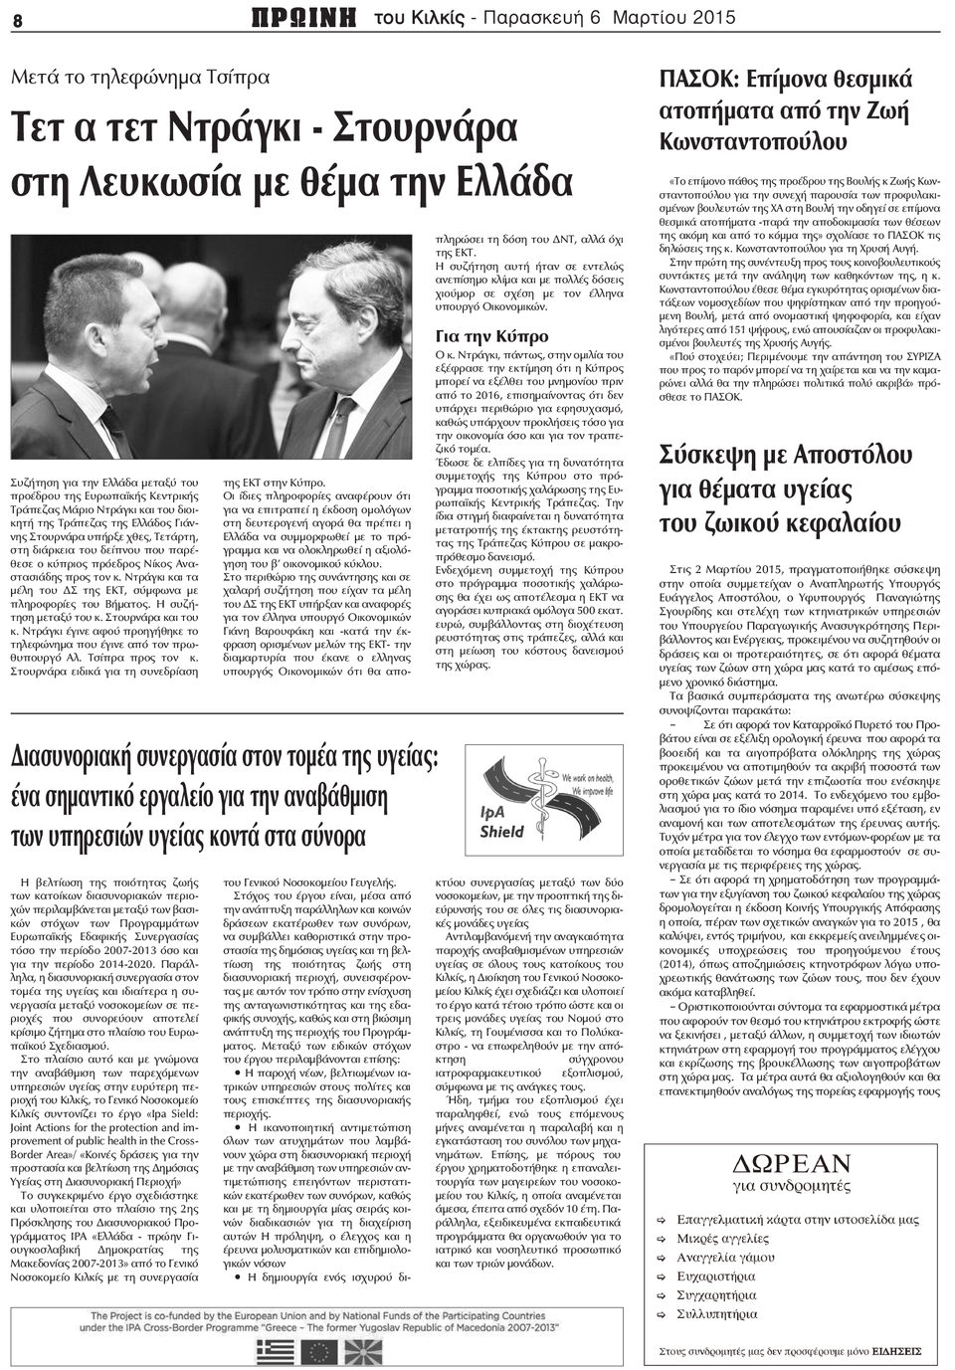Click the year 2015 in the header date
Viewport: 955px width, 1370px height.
(712, 18)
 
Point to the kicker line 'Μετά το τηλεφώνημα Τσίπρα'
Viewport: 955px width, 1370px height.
(140, 76)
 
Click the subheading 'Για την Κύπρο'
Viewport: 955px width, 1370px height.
(491, 336)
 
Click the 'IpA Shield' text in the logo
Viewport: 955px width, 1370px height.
(501, 822)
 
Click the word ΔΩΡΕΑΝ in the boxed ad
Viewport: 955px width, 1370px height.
(792, 1163)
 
